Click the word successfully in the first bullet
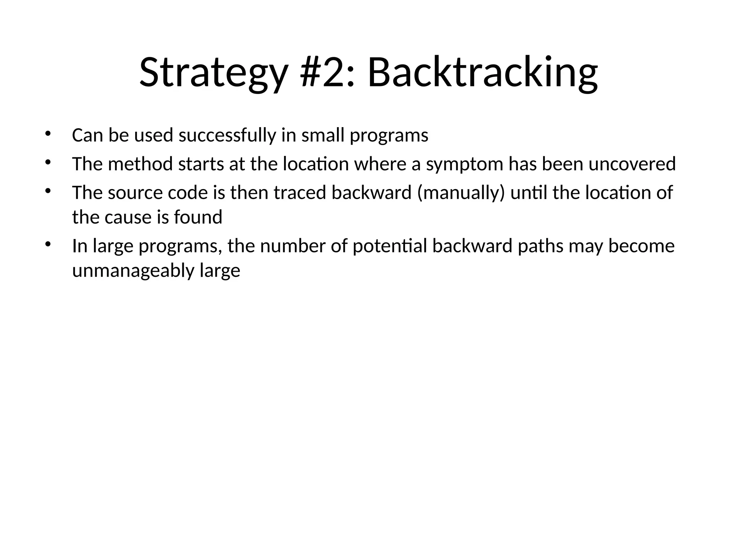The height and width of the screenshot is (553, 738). (x=227, y=136)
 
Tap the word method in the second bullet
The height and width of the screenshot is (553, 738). (x=141, y=164)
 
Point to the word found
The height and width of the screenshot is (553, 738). (x=198, y=217)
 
